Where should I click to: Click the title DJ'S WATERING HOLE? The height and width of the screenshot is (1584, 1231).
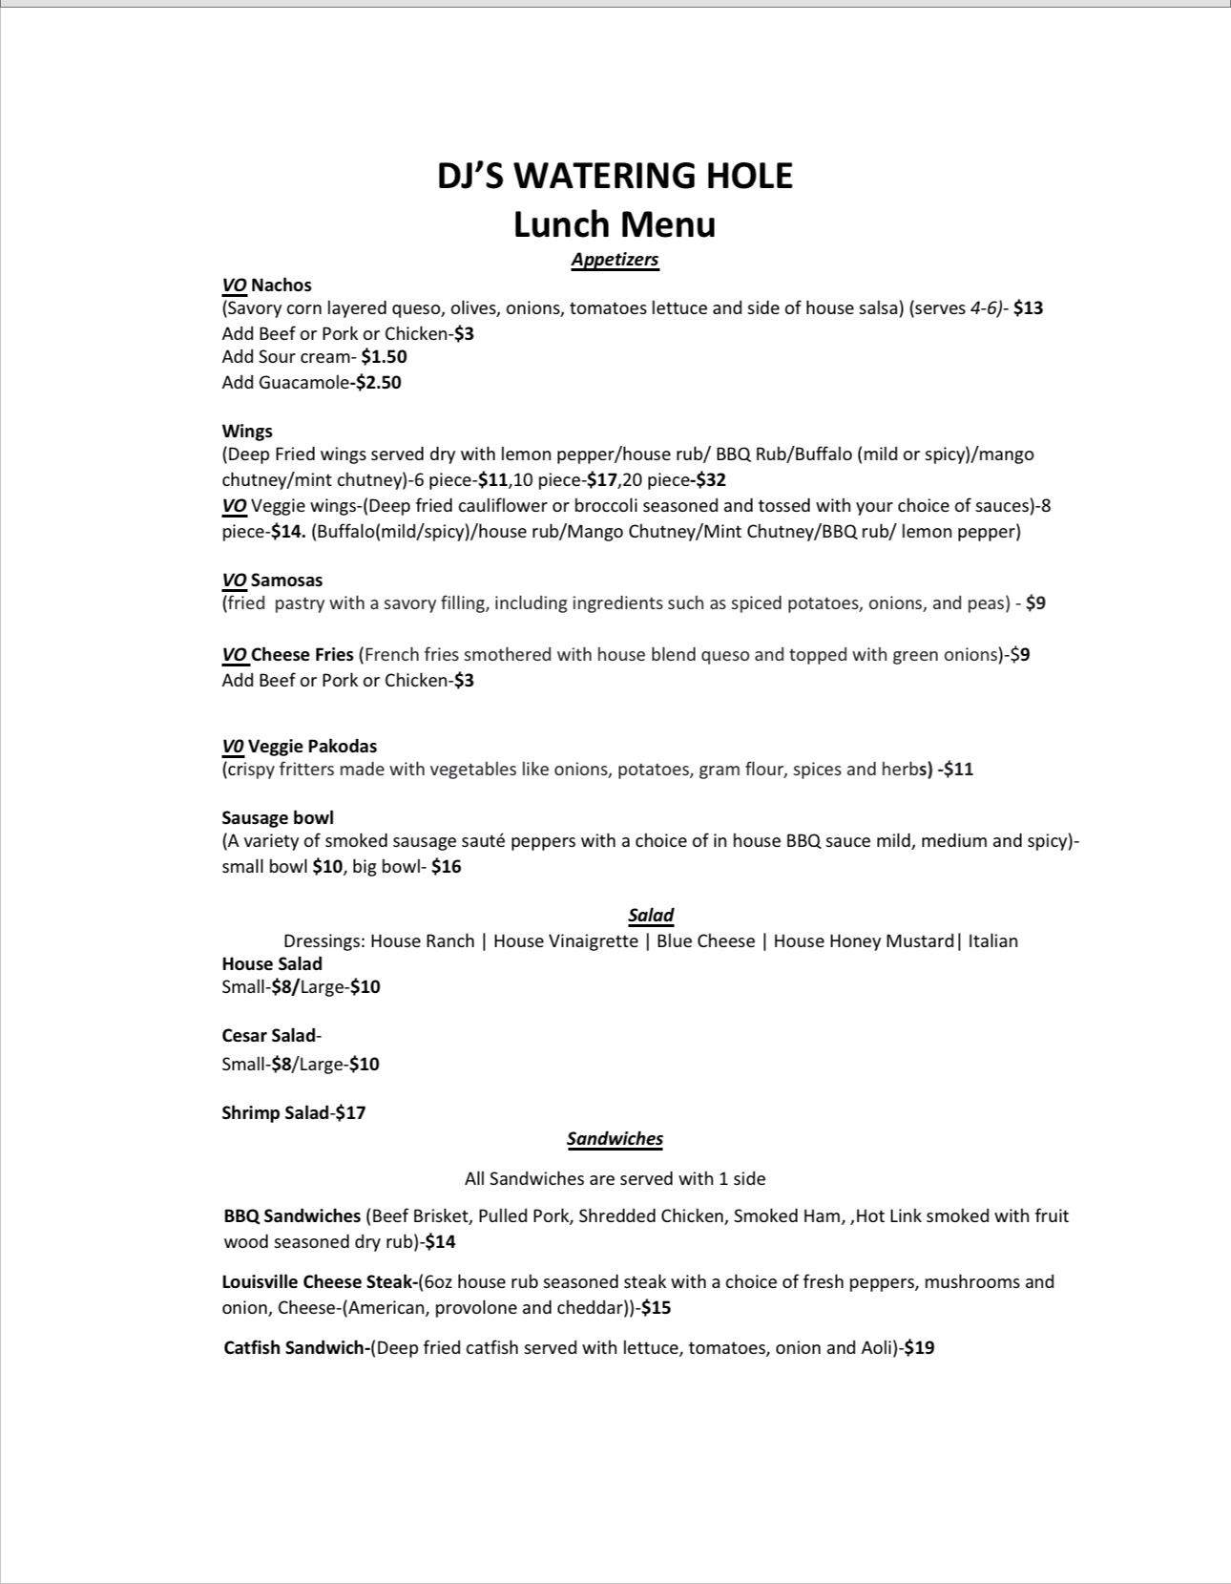click(615, 176)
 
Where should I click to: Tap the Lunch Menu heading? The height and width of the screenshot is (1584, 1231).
click(615, 224)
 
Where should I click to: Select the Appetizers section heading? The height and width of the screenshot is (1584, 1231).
click(615, 260)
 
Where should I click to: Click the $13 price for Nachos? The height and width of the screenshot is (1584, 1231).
click(1028, 308)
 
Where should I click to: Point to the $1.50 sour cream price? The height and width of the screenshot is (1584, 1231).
click(384, 357)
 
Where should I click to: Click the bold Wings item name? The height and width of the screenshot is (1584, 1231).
click(247, 432)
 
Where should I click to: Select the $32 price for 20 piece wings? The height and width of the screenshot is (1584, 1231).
click(711, 480)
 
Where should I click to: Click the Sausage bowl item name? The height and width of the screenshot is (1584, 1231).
click(278, 818)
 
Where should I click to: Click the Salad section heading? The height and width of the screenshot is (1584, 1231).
click(651, 916)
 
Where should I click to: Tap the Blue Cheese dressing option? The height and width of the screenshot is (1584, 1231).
click(705, 941)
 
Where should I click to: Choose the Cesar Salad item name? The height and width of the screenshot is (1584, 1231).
click(269, 1036)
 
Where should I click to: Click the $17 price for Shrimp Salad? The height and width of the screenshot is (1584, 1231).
click(350, 1113)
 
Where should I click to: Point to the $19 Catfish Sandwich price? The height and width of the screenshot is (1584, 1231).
click(919, 1348)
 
